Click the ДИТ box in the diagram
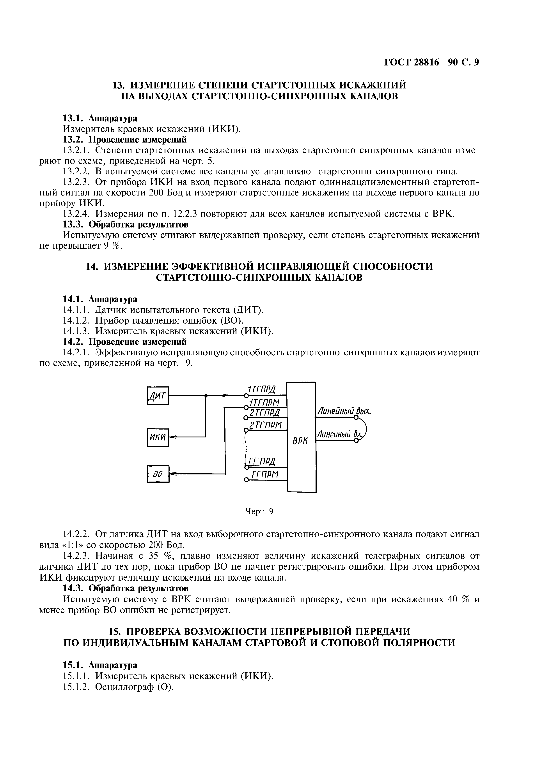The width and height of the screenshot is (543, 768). coord(158,396)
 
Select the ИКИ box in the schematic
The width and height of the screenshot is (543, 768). coord(158,437)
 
